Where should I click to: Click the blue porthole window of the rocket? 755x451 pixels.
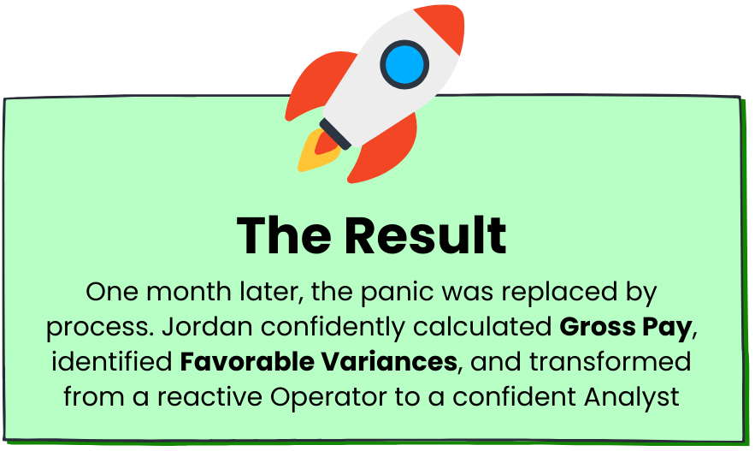click(404, 64)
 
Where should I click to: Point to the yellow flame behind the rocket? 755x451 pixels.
click(315, 152)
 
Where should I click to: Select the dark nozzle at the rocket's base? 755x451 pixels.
click(335, 134)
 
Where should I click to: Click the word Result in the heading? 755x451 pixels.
click(426, 235)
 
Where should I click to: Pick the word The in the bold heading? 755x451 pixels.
click(284, 235)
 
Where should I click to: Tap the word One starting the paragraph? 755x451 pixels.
click(112, 292)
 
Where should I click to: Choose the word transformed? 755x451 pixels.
click(610, 362)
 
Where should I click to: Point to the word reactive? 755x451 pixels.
click(210, 397)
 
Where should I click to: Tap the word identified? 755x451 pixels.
click(112, 362)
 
